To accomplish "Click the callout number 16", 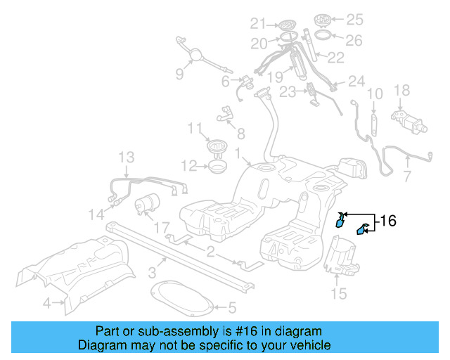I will click(388, 221).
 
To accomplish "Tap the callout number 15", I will click(339, 293).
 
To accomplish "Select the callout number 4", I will click(46, 304).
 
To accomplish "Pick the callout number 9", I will click(180, 74).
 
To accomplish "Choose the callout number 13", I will click(126, 157).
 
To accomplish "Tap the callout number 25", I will click(355, 18).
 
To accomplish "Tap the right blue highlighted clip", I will click(364, 229).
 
